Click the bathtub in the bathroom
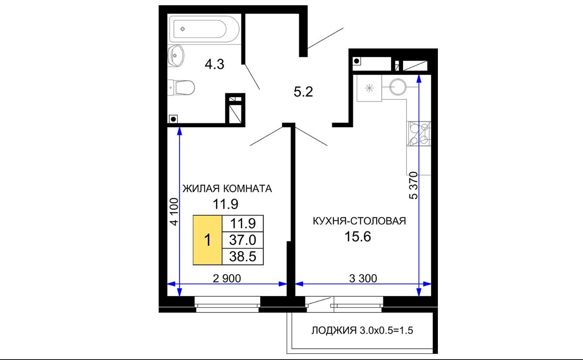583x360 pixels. click(x=204, y=29)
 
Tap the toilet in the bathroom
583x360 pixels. click(x=181, y=88)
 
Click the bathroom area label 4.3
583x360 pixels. click(x=214, y=65)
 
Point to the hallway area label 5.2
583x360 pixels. click(x=303, y=92)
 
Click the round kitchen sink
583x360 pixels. click(x=398, y=87)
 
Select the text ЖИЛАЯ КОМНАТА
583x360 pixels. click(x=227, y=188)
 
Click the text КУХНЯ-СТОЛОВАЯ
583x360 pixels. click(x=359, y=221)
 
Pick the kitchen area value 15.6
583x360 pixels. click(x=358, y=237)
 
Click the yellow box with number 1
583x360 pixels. click(x=207, y=240)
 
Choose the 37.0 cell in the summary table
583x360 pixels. click(x=243, y=240)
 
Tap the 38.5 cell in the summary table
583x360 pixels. click(x=243, y=256)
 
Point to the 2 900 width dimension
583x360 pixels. click(x=227, y=278)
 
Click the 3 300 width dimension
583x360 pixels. click(x=363, y=278)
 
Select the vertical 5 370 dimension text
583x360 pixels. click(x=414, y=185)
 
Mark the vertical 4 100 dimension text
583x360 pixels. click(x=174, y=212)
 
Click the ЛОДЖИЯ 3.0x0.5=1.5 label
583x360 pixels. click(x=362, y=330)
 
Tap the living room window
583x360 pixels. click(x=227, y=304)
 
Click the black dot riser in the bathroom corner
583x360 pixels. click(x=173, y=119)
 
